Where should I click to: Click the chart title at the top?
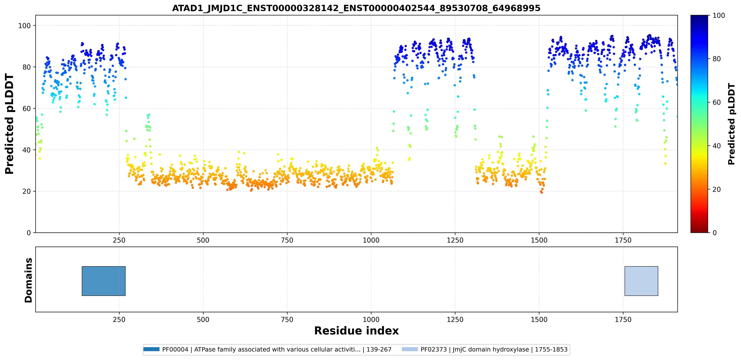[356, 8]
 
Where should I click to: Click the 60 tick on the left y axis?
[27, 108]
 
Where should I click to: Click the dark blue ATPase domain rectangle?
[104, 281]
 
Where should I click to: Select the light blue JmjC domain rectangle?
[641, 281]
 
